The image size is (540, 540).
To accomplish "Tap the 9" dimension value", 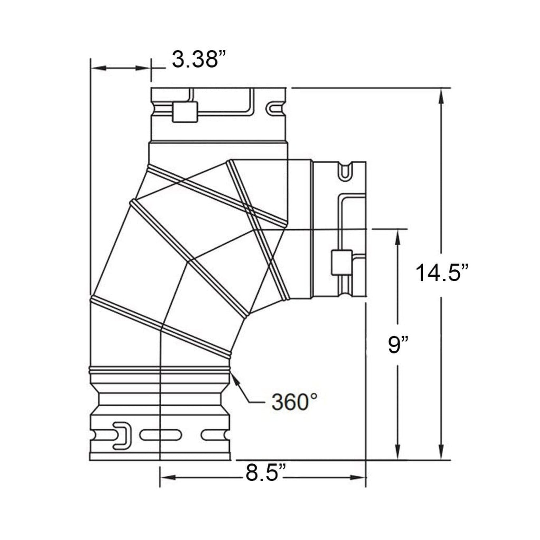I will click(x=398, y=345).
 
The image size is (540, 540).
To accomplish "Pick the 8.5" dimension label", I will click(x=265, y=473).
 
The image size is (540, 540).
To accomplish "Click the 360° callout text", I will click(x=294, y=402).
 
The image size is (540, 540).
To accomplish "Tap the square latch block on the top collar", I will click(x=185, y=112).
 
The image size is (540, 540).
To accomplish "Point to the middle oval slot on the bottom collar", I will click(x=161, y=435).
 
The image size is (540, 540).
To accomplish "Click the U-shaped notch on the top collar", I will click(x=273, y=109).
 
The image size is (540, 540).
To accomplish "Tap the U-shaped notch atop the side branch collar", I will click(x=344, y=171).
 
